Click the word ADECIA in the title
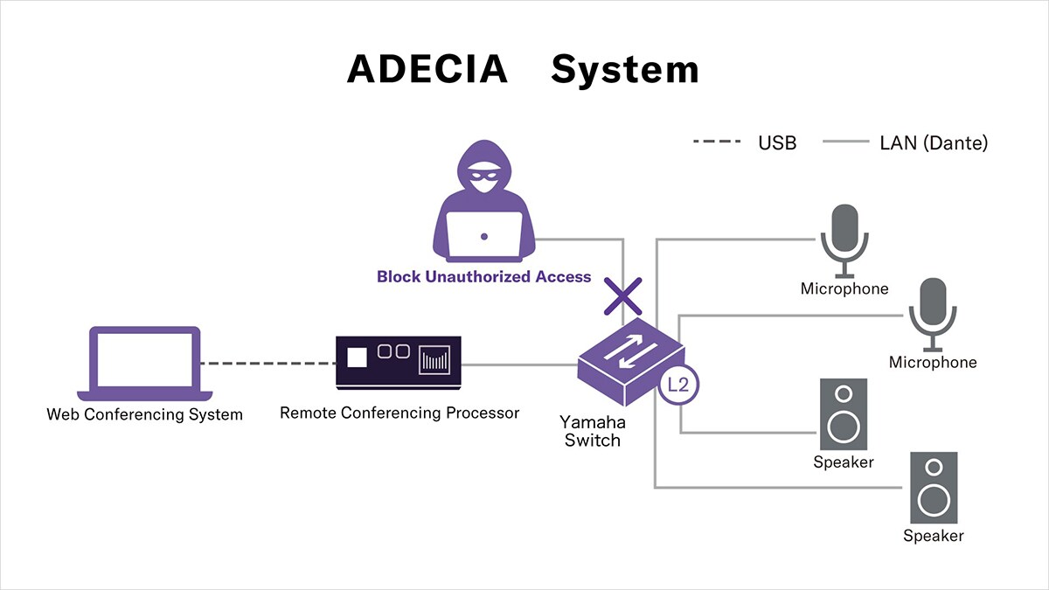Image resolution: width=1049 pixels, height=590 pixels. click(x=427, y=69)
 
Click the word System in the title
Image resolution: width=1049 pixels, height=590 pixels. click(x=624, y=69)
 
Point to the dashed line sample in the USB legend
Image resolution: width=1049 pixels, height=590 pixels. click(x=717, y=142)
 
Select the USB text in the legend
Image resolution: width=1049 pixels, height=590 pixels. click(x=777, y=142)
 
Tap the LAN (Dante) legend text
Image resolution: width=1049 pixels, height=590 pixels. click(x=933, y=142)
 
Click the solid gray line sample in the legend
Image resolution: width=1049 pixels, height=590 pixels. click(x=845, y=142)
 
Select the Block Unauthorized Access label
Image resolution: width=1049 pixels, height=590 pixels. click(x=483, y=277)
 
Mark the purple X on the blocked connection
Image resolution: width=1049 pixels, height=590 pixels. click(x=623, y=297)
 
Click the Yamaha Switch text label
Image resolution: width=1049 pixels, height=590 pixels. click(x=592, y=431)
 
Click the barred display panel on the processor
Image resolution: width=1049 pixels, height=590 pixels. click(x=434, y=360)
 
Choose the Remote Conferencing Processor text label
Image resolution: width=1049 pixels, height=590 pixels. click(x=399, y=413)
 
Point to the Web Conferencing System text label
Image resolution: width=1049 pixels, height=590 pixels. click(x=144, y=414)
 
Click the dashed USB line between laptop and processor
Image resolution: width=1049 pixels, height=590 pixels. click(x=268, y=364)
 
